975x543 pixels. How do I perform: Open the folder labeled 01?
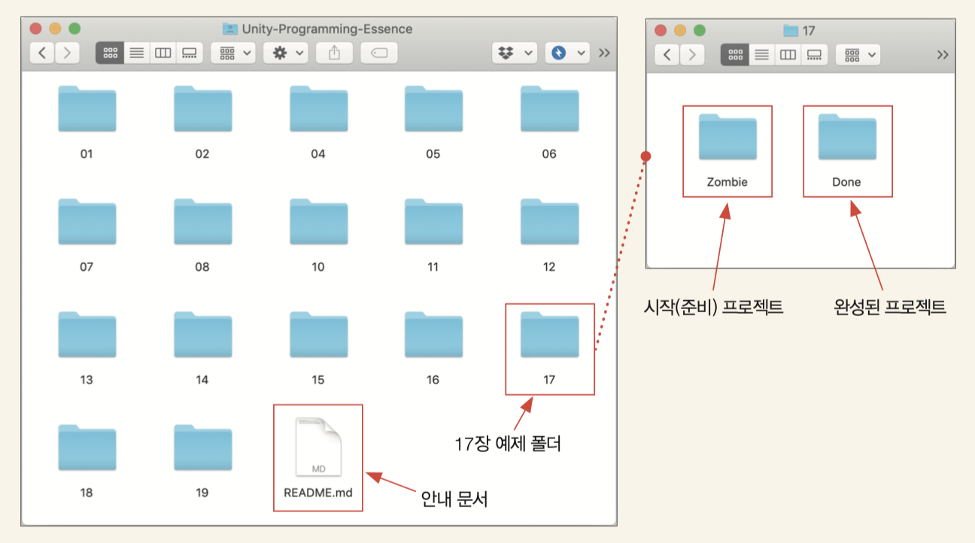click(x=87, y=109)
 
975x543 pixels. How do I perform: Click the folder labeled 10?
click(x=319, y=222)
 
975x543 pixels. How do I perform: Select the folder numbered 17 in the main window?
click(x=550, y=335)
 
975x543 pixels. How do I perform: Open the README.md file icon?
click(x=318, y=447)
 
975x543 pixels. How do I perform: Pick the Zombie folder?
click(x=727, y=137)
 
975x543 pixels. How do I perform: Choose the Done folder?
click(x=847, y=137)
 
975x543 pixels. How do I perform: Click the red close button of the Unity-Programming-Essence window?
click(x=35, y=29)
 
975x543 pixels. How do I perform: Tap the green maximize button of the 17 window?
click(x=700, y=30)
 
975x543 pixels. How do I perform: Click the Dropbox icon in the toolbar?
click(x=506, y=53)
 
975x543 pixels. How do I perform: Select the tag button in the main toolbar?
click(x=378, y=53)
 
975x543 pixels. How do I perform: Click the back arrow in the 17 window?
click(x=667, y=55)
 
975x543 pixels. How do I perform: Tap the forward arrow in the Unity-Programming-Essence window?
click(x=67, y=53)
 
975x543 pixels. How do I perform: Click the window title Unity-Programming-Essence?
click(x=327, y=29)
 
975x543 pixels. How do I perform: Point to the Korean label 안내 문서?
click(x=454, y=499)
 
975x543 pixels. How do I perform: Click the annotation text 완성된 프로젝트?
click(x=890, y=307)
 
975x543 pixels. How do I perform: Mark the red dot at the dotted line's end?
click(x=645, y=156)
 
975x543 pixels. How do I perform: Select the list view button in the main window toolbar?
click(x=137, y=53)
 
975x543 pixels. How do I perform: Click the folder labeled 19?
click(x=203, y=447)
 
